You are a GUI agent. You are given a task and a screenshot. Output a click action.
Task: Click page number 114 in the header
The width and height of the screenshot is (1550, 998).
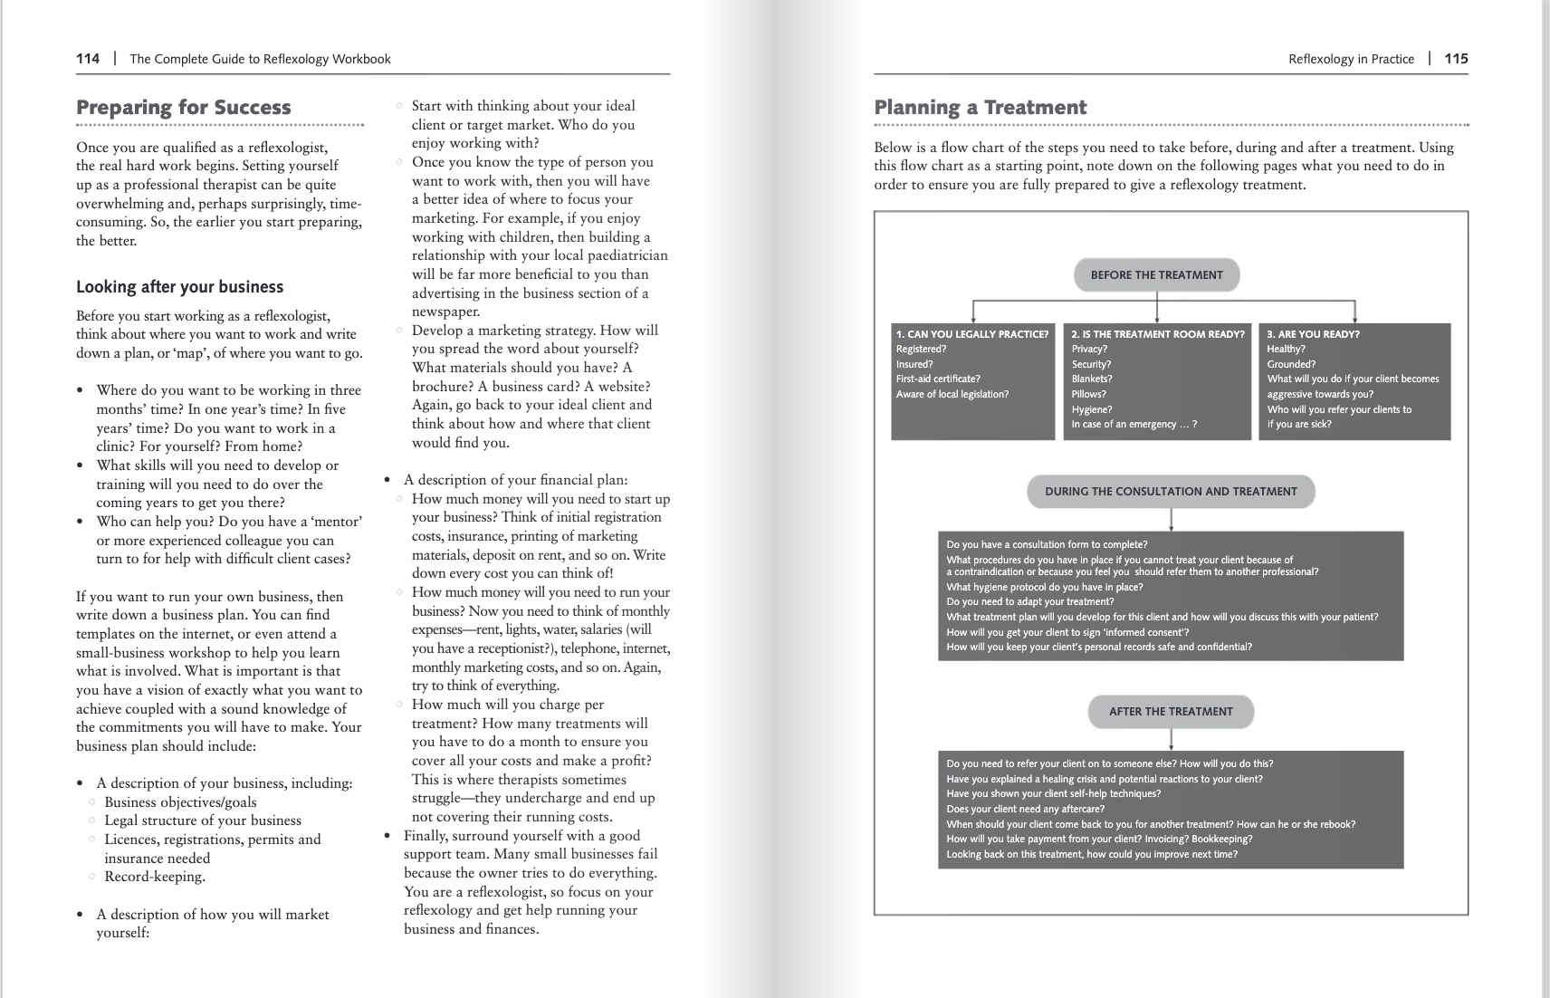pos(88,59)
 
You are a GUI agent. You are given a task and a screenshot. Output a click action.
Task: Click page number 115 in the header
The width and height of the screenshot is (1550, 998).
pos(1456,59)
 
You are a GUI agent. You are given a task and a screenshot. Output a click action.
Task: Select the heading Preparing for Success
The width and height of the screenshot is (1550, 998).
pos(184,108)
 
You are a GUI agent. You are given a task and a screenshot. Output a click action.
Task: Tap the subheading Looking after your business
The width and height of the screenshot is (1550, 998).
pos(179,287)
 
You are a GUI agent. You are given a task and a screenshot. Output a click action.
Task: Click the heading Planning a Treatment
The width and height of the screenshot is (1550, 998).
pos(980,108)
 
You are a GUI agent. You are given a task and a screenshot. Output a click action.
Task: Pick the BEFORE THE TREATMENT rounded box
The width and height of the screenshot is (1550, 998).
pos(1156,275)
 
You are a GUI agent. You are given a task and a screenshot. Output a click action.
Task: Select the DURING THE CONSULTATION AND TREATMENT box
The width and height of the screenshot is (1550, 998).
pos(1171,492)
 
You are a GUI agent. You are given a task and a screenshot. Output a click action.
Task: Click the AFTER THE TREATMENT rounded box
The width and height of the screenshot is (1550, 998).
pos(1171,712)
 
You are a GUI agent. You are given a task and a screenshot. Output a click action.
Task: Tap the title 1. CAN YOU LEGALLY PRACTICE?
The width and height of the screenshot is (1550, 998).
pos(972,334)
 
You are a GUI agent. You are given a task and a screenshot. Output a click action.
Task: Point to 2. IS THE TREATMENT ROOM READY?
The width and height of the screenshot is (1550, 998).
pos(1157,334)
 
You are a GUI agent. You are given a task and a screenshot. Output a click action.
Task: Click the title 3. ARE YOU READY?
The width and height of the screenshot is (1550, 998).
pos(1313,334)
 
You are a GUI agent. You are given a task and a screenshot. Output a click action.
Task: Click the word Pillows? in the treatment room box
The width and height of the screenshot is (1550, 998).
pos(1088,395)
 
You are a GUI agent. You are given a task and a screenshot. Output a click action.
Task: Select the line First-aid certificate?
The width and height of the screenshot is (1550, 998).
pos(938,379)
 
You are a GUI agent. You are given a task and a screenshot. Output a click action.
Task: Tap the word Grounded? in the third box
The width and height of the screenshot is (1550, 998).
pos(1291,364)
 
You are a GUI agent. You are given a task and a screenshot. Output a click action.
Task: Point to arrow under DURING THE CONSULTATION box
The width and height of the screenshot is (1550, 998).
pos(1171,520)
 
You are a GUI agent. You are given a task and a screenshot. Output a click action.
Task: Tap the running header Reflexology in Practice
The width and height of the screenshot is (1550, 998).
pos(1351,59)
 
